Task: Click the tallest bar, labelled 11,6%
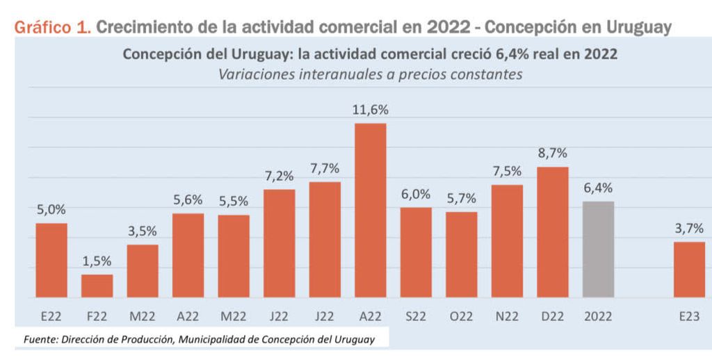pos(370,210)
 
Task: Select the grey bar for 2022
pos(598,249)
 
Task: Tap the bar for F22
pos(97,286)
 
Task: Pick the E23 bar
pos(689,269)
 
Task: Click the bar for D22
pos(553,231)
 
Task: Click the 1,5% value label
pos(97,261)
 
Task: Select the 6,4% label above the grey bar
pos(598,188)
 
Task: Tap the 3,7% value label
pos(689,228)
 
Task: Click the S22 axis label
pos(416,316)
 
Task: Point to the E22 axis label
pos(51,316)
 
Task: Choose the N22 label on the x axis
pos(507,316)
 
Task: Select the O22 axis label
pos(462,316)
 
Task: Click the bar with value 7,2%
pos(279,243)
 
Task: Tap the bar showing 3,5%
pos(143,270)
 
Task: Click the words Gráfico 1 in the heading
pos(51,27)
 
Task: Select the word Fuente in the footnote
pos(39,339)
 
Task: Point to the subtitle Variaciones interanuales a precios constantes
pos(370,74)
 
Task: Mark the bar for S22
pos(416,252)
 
